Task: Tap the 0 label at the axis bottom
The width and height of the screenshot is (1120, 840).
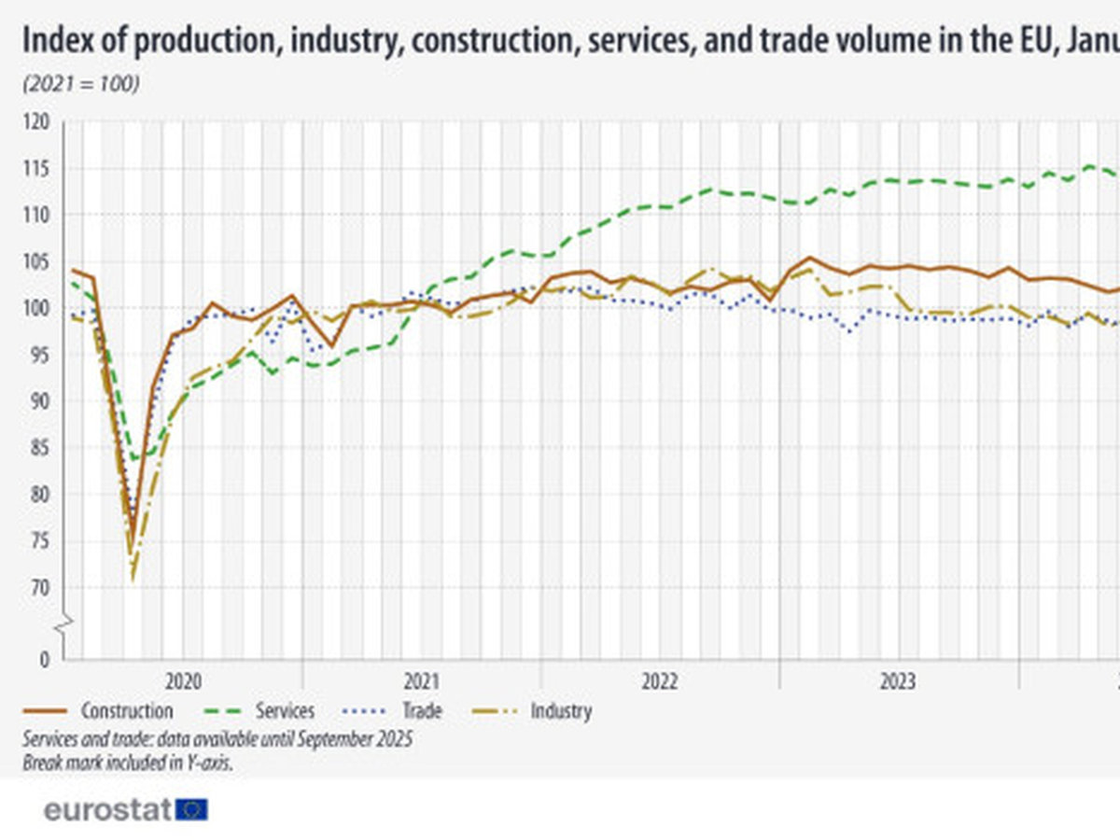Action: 44,660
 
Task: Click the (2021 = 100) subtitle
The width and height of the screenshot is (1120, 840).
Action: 80,84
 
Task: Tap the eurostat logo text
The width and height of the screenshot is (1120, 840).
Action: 107,809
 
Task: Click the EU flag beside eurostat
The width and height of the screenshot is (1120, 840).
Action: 193,809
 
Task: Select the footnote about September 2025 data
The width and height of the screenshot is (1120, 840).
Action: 217,738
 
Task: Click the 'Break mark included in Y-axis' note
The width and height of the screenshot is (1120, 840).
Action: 127,762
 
